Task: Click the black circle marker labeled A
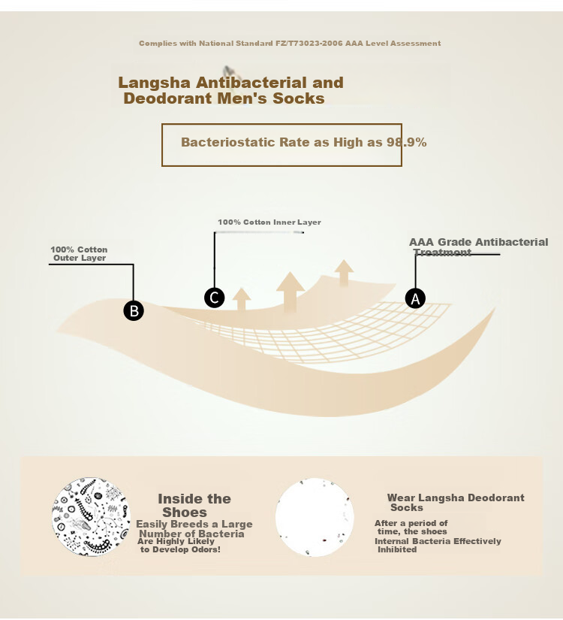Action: click(415, 298)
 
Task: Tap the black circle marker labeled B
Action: click(134, 310)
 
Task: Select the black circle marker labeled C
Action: click(215, 298)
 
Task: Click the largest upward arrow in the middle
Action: click(291, 292)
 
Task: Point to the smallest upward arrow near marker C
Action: click(242, 299)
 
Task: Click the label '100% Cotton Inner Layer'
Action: click(269, 222)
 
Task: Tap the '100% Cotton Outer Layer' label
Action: click(79, 254)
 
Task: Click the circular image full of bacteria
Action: click(92, 517)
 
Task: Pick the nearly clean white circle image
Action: click(315, 517)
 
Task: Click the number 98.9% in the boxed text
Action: click(407, 142)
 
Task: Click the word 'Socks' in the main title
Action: click(299, 98)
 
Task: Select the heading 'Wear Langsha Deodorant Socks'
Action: click(456, 503)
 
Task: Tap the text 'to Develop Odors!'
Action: click(180, 549)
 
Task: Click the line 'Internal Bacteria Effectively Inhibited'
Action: click(438, 546)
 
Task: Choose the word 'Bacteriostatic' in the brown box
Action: click(228, 142)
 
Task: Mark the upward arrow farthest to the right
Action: click(344, 273)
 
